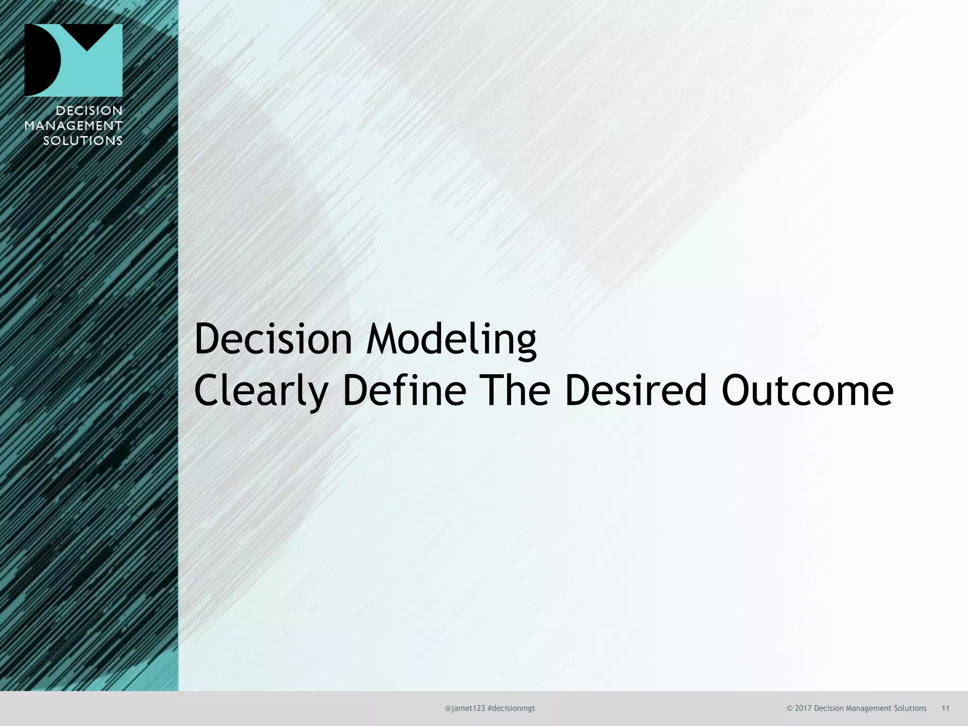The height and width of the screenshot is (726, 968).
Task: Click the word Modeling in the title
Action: (x=451, y=339)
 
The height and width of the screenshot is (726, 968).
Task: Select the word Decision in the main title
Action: (x=273, y=339)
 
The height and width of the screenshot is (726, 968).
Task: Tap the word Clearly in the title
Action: (x=261, y=391)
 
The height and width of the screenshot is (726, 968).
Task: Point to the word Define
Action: (x=404, y=391)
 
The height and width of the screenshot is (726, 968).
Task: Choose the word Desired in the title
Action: (x=636, y=391)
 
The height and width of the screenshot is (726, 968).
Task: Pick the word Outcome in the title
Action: (x=807, y=391)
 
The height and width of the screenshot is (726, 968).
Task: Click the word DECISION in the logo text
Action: (x=89, y=111)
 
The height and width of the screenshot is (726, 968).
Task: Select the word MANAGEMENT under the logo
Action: (x=73, y=126)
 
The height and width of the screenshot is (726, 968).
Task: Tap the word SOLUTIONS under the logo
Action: (x=83, y=141)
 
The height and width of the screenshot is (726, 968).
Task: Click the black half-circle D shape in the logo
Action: (x=42, y=60)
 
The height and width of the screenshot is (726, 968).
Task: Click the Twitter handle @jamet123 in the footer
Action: (x=465, y=708)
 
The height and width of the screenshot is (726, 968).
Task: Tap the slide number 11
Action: (x=945, y=708)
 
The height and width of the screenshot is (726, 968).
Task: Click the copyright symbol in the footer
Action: (x=790, y=708)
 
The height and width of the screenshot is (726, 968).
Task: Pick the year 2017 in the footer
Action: (x=803, y=708)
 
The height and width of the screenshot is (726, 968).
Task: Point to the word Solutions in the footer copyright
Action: (x=910, y=708)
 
